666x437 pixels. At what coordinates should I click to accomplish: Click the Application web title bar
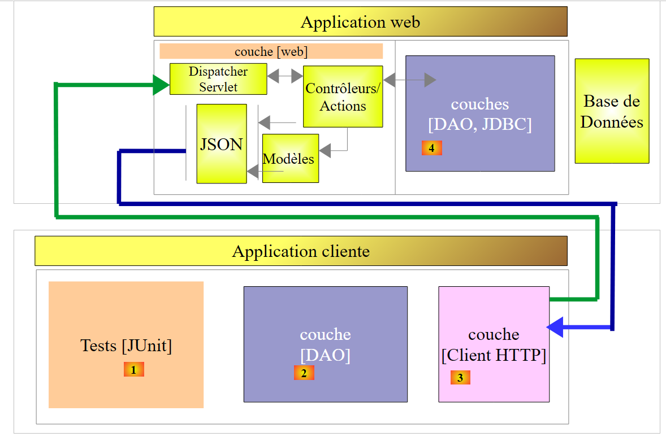[360, 22]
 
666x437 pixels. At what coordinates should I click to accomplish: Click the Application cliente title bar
[301, 251]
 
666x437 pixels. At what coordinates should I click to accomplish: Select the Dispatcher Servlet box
[218, 79]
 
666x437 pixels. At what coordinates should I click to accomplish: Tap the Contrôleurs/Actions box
[343, 97]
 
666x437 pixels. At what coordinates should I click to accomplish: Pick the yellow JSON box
[222, 144]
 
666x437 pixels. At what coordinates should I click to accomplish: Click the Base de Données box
[612, 111]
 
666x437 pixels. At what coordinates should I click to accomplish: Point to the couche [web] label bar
[271, 51]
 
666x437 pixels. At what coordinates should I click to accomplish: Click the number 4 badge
[431, 148]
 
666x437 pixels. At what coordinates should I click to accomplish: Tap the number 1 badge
[134, 370]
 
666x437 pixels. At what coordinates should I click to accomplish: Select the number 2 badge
[304, 373]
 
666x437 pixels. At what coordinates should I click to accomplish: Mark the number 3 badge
[460, 378]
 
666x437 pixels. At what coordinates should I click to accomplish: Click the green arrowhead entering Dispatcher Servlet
[161, 85]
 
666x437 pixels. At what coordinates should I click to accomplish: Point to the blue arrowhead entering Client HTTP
[556, 327]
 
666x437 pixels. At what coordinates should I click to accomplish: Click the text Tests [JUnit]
[126, 345]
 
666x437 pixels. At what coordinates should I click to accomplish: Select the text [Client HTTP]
[494, 356]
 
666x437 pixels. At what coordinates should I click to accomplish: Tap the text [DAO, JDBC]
[480, 124]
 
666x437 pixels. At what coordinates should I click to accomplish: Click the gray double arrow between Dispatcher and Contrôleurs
[285, 76]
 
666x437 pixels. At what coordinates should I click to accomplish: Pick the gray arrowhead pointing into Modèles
[325, 151]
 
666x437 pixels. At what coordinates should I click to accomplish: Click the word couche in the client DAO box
[325, 334]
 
